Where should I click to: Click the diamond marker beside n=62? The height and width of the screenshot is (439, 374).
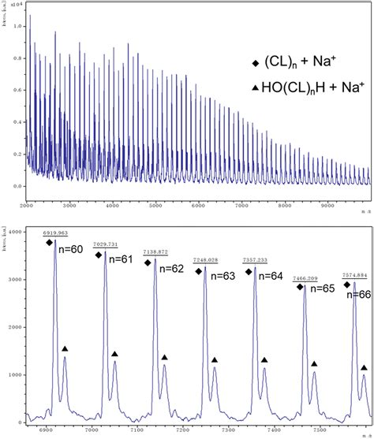coord(148,262)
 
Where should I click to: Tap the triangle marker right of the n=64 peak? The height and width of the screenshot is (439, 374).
coord(264,358)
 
